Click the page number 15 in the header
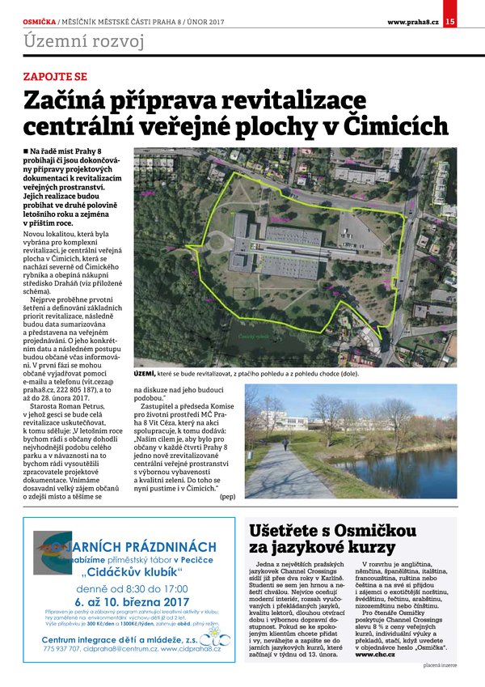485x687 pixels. (x=450, y=21)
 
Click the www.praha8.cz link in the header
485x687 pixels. (x=412, y=21)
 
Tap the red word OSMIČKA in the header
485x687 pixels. (x=39, y=21)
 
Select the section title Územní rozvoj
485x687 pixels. (x=84, y=42)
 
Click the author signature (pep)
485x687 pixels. (x=228, y=496)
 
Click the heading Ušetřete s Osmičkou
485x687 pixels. (x=331, y=531)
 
